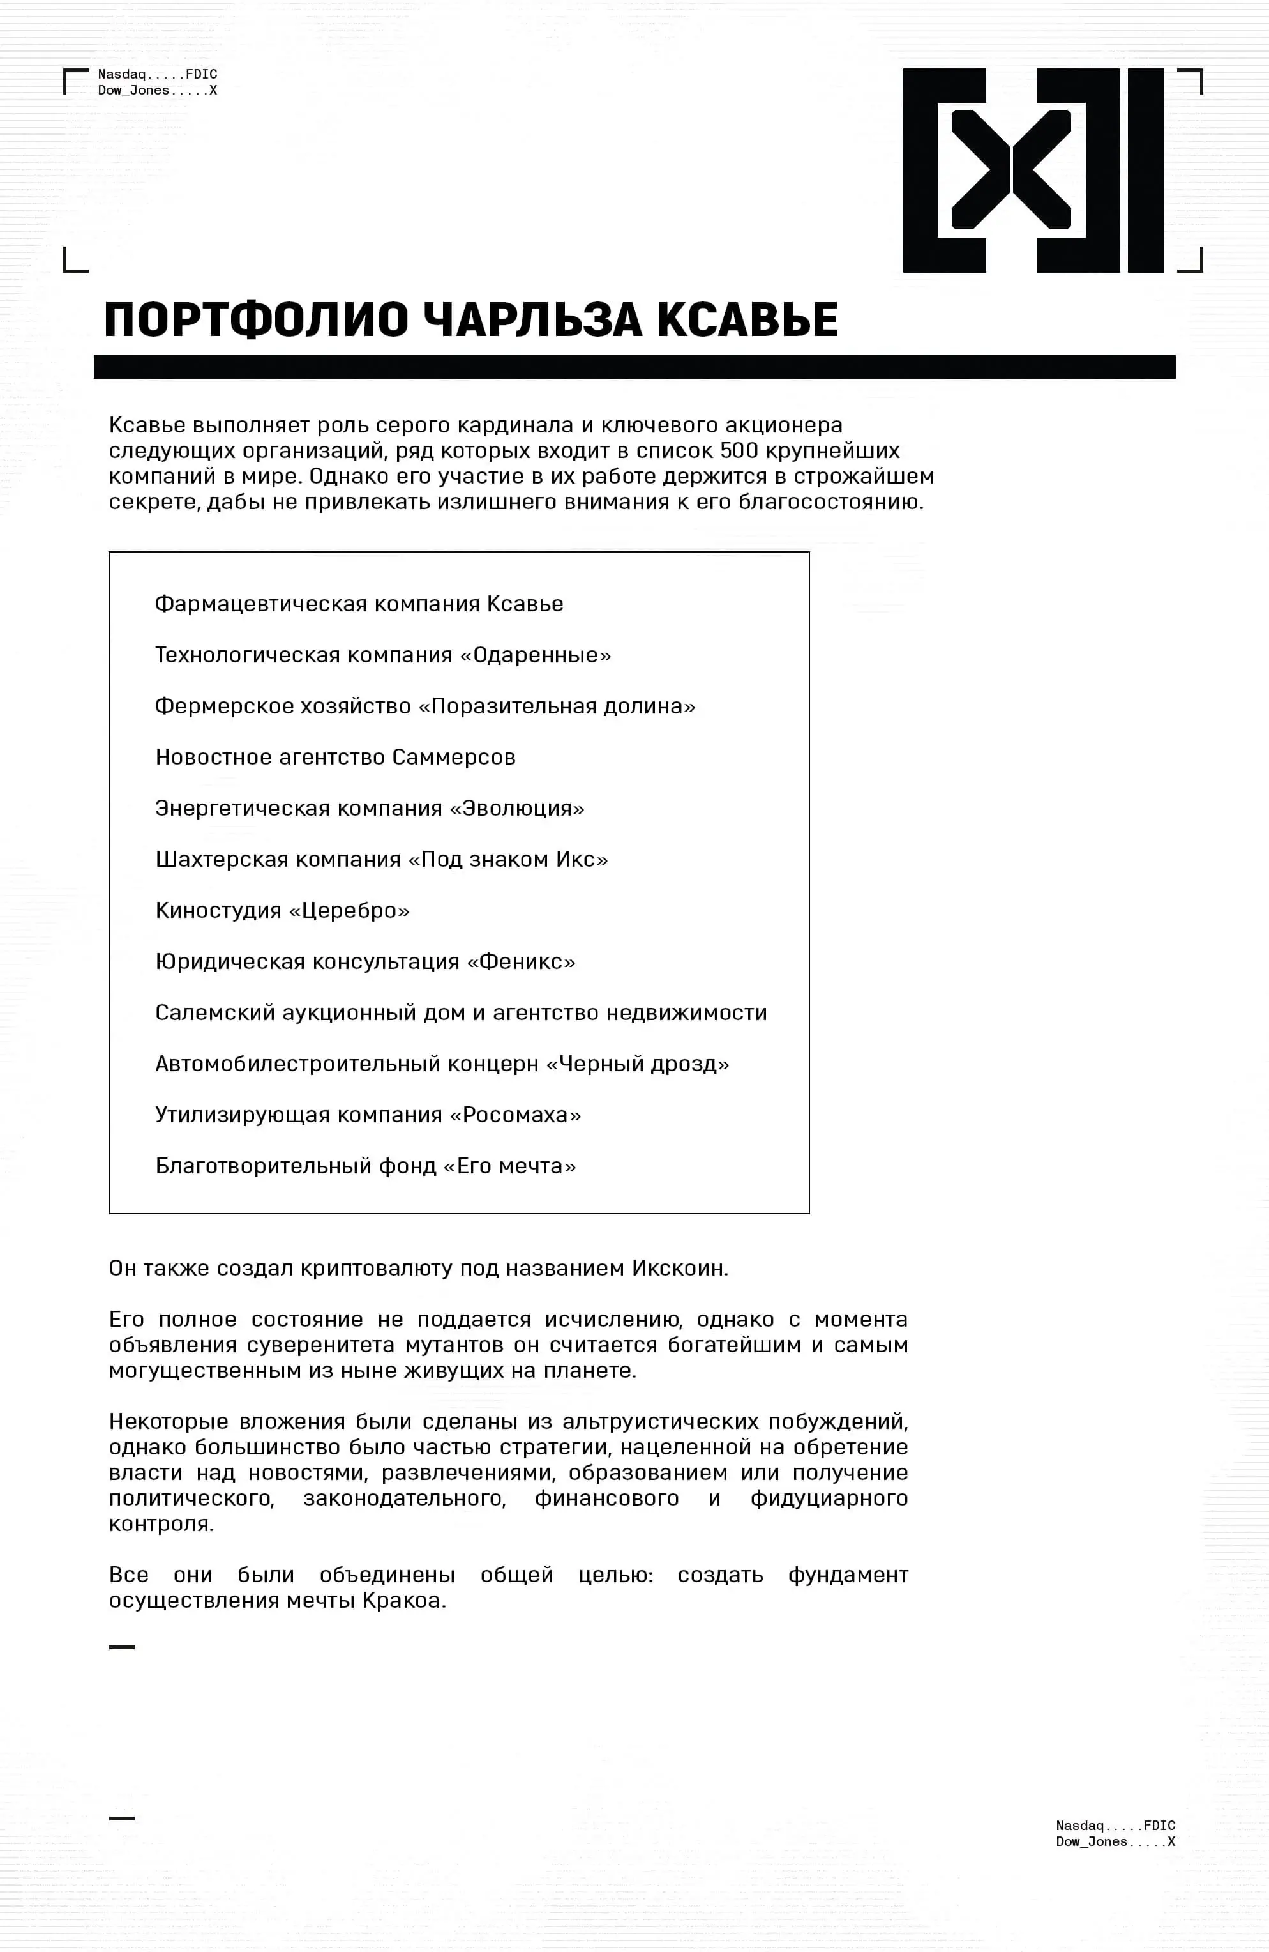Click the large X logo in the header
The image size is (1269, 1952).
pyautogui.click(x=1033, y=170)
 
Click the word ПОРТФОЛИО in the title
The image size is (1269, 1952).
pyautogui.click(x=256, y=320)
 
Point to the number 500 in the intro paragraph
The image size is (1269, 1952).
pyautogui.click(x=739, y=451)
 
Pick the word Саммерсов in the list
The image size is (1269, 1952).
pyautogui.click(x=453, y=757)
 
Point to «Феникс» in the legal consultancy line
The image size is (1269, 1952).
pyautogui.click(x=522, y=961)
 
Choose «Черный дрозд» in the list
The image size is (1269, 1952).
pyautogui.click(x=637, y=1064)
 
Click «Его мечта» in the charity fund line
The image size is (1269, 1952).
pyautogui.click(x=510, y=1166)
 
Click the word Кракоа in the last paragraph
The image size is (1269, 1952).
pyautogui.click(x=403, y=1600)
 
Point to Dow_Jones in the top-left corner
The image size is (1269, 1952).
pyautogui.click(x=133, y=90)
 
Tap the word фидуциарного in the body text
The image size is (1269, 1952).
pyautogui.click(x=829, y=1498)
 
